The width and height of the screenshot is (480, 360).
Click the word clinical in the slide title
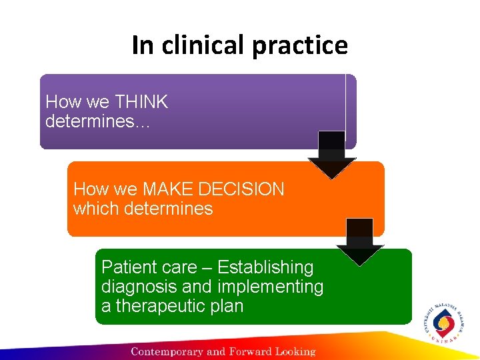[x=199, y=45]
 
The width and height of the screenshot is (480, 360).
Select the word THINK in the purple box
[x=141, y=102]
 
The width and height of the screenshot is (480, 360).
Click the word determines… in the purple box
[x=97, y=121]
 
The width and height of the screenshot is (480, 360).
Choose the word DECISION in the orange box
[x=237, y=189]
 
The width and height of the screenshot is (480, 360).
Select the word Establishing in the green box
[x=265, y=267]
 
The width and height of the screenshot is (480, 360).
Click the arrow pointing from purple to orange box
[x=331, y=155]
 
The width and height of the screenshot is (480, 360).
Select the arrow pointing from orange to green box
[x=360, y=241]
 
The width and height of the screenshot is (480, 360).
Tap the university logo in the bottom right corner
[x=443, y=324]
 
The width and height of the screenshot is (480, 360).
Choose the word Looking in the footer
[x=295, y=351]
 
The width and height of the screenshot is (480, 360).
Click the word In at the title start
[x=142, y=45]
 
